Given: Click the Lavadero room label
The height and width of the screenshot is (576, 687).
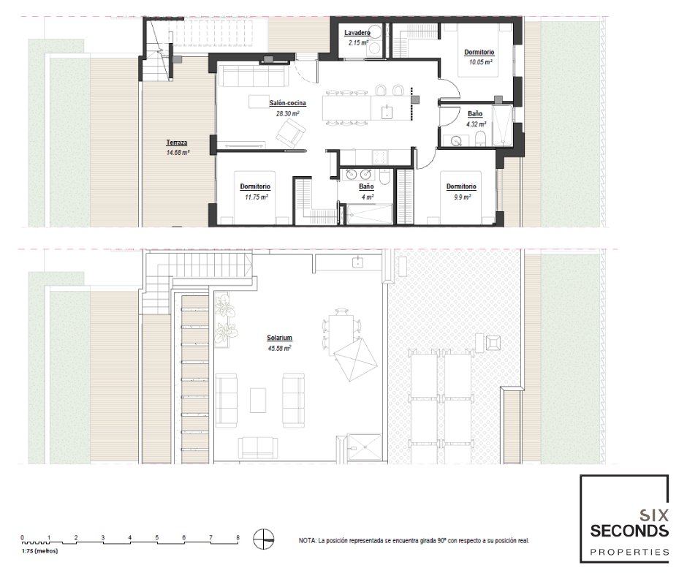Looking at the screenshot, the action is [357, 33].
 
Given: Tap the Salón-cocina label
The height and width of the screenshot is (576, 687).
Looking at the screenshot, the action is [287, 104].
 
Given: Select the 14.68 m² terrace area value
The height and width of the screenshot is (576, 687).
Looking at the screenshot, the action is [178, 153].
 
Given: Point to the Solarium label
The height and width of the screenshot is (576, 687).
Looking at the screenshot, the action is [279, 338].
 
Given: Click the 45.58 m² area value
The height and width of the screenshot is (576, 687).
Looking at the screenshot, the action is [279, 349].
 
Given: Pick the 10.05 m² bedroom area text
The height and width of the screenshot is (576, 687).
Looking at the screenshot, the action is [481, 62].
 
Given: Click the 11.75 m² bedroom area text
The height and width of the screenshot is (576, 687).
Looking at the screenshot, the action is [257, 197].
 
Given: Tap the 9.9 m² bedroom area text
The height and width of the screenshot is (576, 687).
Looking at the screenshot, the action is [462, 197].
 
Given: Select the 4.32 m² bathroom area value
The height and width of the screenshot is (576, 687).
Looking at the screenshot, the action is [474, 124].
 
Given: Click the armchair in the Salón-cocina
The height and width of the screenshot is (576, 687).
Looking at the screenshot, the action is [290, 133].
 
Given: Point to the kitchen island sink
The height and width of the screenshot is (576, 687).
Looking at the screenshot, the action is [387, 113].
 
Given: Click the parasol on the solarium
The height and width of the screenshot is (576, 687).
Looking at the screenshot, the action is [355, 359].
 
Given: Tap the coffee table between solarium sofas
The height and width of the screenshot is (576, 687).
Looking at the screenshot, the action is [258, 400].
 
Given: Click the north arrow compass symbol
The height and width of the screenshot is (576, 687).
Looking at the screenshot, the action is [264, 539].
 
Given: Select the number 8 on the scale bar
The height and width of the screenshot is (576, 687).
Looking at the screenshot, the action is [238, 537].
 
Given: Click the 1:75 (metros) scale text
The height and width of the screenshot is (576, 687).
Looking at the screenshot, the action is [39, 551].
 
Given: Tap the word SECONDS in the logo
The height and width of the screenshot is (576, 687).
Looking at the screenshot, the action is [629, 531].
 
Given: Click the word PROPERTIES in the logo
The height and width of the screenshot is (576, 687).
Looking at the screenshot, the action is [629, 552].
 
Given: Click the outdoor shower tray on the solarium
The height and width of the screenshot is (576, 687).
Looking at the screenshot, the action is [365, 447].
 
